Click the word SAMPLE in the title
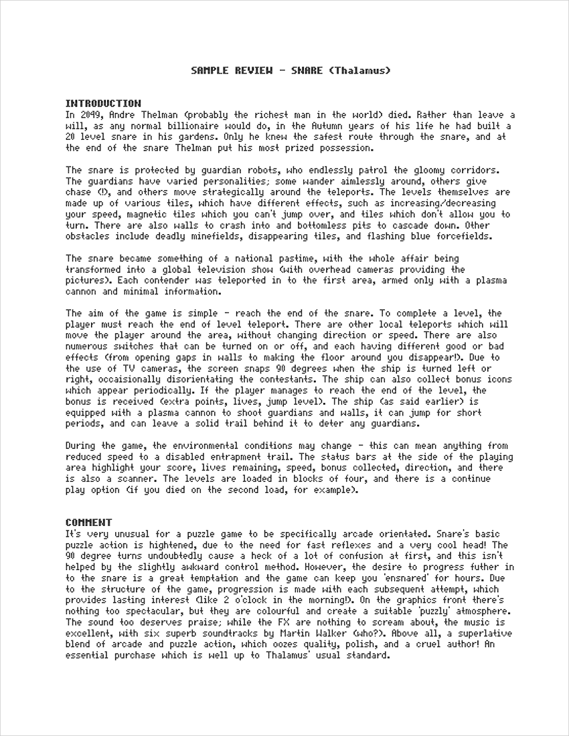(x=208, y=70)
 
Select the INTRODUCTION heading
(x=103, y=104)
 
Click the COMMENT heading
(x=88, y=523)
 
